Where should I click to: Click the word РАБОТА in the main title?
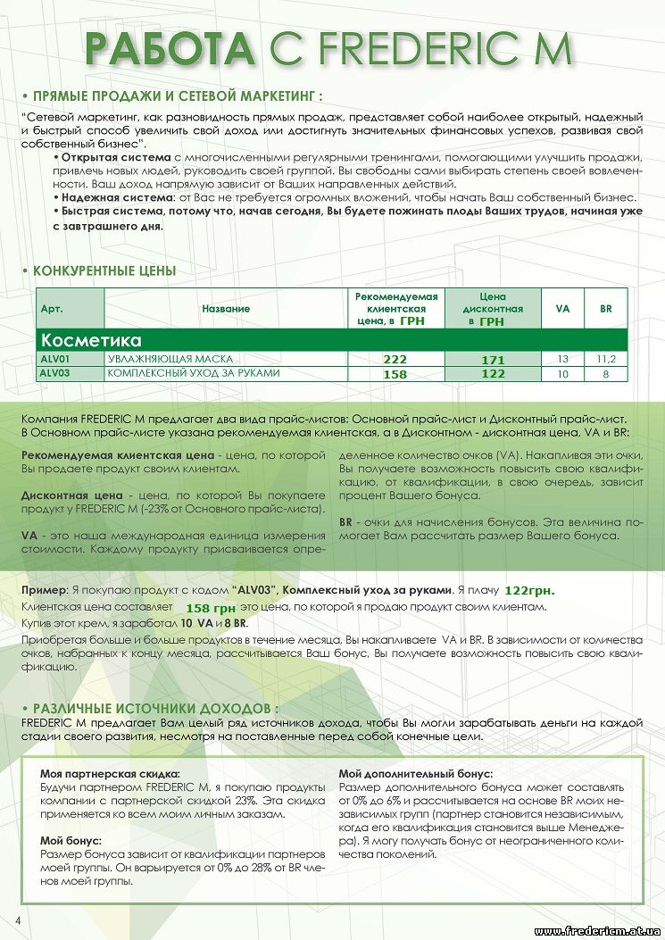pyautogui.click(x=170, y=49)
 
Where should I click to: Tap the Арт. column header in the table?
pyautogui.click(x=51, y=309)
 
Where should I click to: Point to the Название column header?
pyautogui.click(x=225, y=309)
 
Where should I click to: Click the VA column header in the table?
pyautogui.click(x=562, y=309)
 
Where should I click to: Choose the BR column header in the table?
pyautogui.click(x=606, y=309)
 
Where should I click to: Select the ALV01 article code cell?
pyautogui.click(x=54, y=359)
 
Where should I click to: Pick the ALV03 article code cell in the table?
pyautogui.click(x=54, y=373)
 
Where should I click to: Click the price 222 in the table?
pyautogui.click(x=395, y=359)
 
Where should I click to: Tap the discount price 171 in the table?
pyautogui.click(x=493, y=360)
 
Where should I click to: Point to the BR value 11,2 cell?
pyautogui.click(x=606, y=359)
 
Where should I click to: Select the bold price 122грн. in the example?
pyautogui.click(x=529, y=590)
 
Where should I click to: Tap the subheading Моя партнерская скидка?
pyautogui.click(x=111, y=774)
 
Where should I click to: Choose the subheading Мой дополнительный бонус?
pyautogui.click(x=416, y=774)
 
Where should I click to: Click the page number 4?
pyautogui.click(x=17, y=919)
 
